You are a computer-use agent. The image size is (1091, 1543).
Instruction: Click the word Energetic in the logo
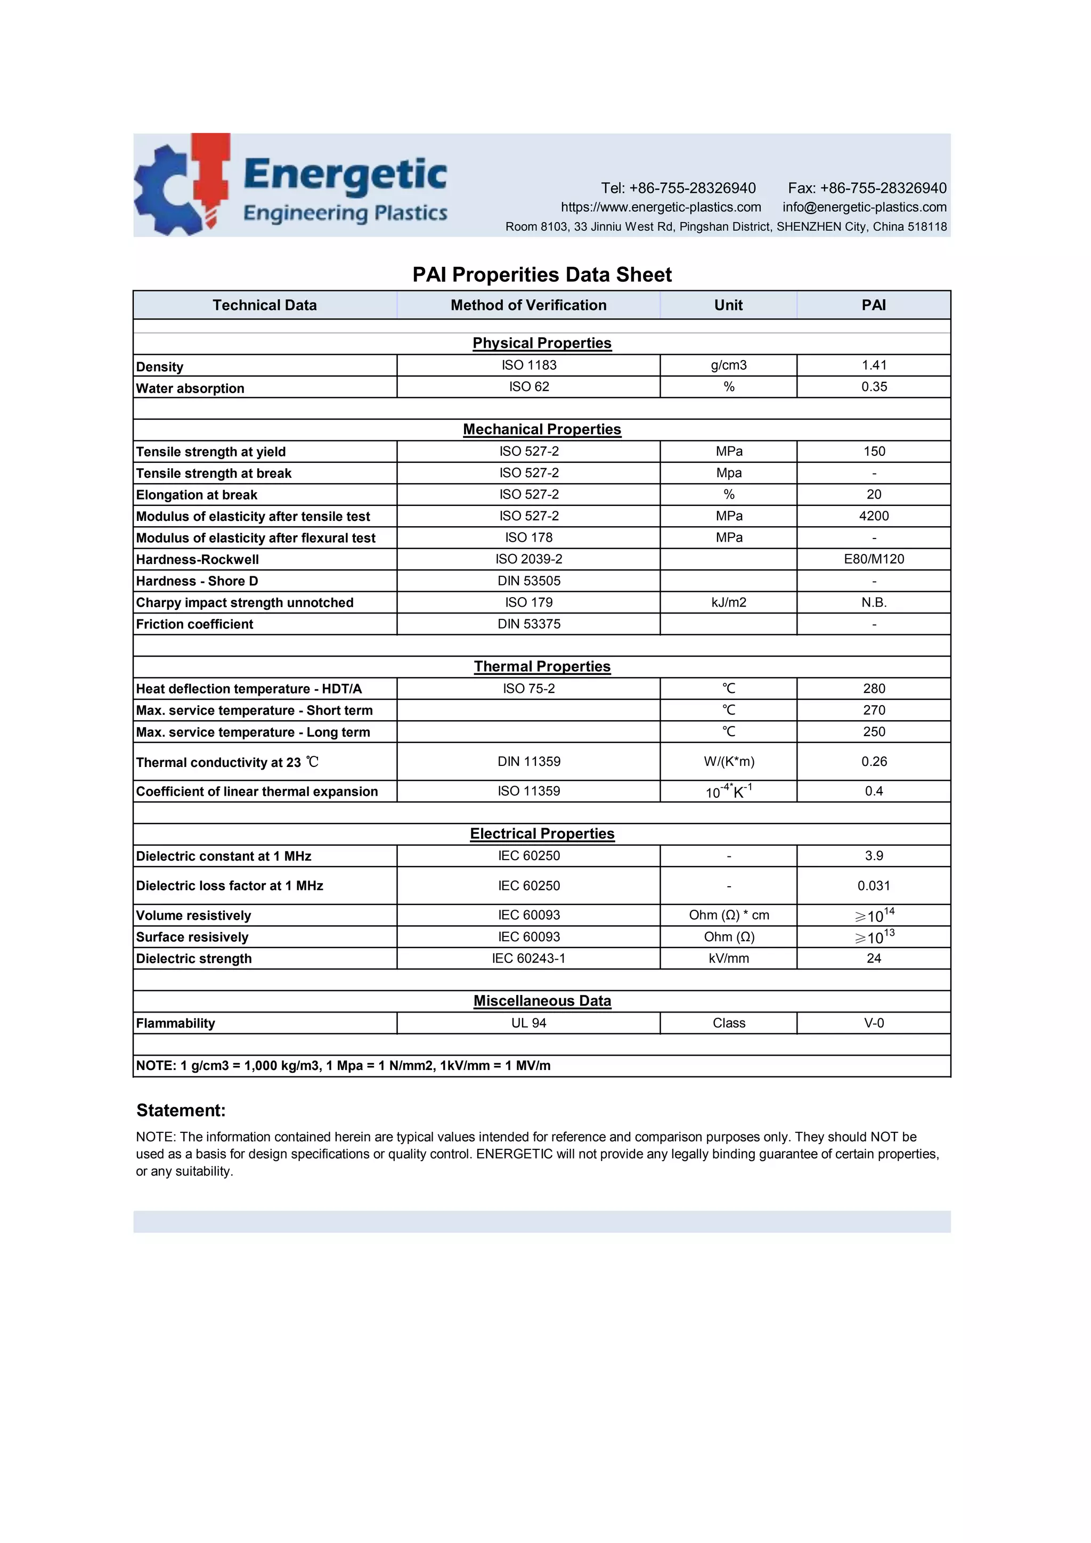pos(345,175)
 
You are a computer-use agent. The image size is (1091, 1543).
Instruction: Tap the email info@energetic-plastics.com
pos(865,207)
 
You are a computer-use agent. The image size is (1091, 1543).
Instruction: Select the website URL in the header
pos(661,207)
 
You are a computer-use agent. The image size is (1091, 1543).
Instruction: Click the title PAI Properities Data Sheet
pos(542,274)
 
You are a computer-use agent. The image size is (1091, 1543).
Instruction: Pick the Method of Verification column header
pos(528,305)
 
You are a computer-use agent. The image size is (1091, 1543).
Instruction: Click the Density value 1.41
pos(874,365)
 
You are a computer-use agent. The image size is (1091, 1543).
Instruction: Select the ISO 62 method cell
pos(528,387)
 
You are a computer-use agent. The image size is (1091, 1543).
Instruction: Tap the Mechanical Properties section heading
pos(542,429)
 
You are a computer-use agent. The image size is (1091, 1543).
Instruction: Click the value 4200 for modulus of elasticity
pos(874,516)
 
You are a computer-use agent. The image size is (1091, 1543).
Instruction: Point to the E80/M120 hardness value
pos(874,559)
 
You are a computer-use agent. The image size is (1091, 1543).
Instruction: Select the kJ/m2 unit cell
pos(729,602)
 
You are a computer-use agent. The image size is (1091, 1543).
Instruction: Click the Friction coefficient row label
pos(195,624)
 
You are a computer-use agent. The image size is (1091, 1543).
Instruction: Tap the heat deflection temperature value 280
pos(874,688)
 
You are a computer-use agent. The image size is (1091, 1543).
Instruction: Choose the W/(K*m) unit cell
pos(729,762)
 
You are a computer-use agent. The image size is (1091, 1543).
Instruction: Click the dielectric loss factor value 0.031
pos(874,886)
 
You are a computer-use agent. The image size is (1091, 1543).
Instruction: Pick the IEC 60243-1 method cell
pos(528,958)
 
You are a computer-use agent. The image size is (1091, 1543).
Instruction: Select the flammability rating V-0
pos(874,1023)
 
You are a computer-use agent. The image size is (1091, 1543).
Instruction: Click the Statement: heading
pos(181,1110)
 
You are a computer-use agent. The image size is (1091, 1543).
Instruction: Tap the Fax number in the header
pos(867,188)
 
